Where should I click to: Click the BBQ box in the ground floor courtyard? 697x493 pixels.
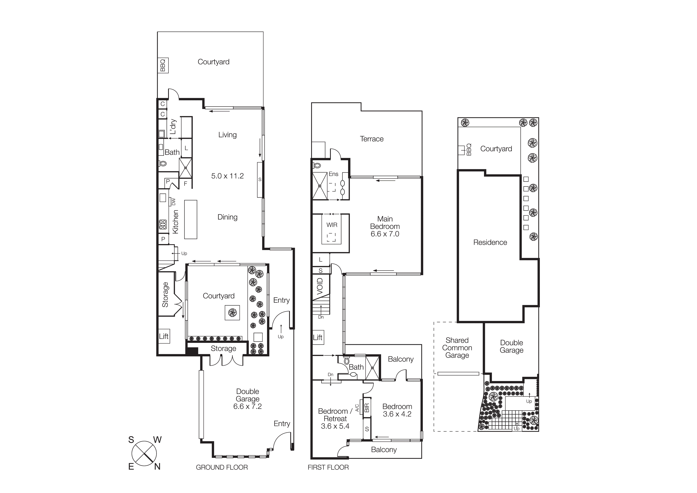coord(163,65)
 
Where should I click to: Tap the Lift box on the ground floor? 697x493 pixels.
coord(164,336)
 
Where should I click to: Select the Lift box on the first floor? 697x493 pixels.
coord(318,337)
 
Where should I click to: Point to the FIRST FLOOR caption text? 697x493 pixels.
coord(328,467)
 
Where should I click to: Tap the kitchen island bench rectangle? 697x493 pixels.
coord(191,219)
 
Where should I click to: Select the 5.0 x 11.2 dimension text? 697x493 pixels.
coord(227,176)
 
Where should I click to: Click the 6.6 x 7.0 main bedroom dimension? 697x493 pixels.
coord(385,234)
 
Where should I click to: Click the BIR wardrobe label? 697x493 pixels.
coord(367,408)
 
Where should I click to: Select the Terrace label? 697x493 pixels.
coord(372,139)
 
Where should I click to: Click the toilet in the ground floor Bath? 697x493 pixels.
coord(163,164)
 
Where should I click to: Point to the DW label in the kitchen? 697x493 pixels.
coord(174,201)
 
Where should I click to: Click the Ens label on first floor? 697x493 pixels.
coord(333,174)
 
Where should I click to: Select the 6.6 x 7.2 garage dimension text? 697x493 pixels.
coord(247,406)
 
